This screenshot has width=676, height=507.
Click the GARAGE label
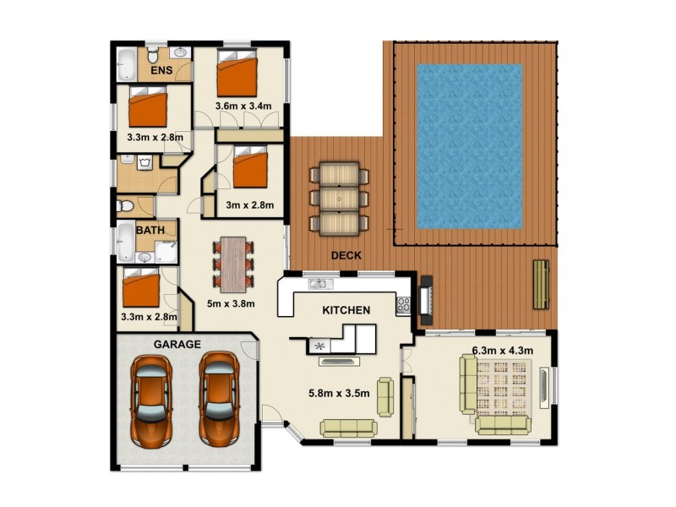(177, 344)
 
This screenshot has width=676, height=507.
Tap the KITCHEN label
(346, 310)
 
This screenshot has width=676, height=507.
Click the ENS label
(162, 71)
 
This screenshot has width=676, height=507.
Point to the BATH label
(150, 229)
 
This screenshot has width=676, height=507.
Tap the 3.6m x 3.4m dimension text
(243, 106)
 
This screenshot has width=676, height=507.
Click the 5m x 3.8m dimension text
(231, 303)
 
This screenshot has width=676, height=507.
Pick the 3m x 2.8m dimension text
(249, 204)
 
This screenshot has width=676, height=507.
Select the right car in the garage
(218, 401)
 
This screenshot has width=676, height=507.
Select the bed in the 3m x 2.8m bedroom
(250, 166)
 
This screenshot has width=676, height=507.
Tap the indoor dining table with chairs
(233, 261)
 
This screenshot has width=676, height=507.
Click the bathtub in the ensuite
(125, 64)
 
